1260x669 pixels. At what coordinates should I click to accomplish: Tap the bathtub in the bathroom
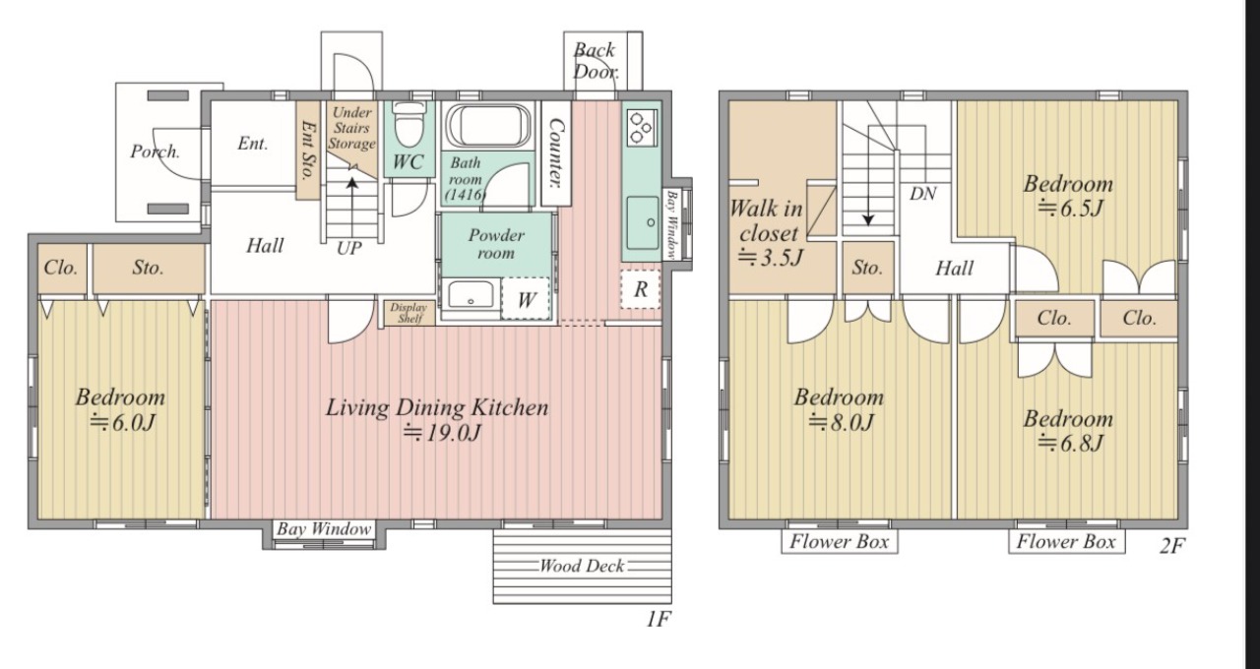[x=488, y=125]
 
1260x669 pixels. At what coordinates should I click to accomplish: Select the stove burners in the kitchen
[x=641, y=128]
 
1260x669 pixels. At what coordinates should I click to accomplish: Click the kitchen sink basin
[x=643, y=222]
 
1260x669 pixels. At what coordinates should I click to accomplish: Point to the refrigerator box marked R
[x=640, y=289]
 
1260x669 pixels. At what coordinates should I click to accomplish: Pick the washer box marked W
[x=526, y=299]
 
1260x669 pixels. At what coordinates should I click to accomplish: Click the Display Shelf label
[x=409, y=313]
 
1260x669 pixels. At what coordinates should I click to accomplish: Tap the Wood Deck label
[x=582, y=566]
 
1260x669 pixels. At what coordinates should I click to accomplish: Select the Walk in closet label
[x=767, y=220]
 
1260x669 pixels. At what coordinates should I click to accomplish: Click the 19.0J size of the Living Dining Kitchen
[x=442, y=433]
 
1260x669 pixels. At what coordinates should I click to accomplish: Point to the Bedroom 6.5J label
[x=1068, y=196]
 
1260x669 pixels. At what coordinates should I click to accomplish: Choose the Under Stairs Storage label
[x=351, y=128]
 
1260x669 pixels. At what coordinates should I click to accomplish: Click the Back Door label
[x=596, y=61]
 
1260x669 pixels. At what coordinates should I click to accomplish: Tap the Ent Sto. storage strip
[x=308, y=151]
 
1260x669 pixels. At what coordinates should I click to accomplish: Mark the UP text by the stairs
[x=349, y=248]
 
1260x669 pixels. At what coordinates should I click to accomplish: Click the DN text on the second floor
[x=923, y=194]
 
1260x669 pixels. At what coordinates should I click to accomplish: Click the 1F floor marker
[x=659, y=619]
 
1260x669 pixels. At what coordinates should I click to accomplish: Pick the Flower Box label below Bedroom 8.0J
[x=840, y=541]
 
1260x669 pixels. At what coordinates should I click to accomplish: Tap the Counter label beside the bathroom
[x=556, y=152]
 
